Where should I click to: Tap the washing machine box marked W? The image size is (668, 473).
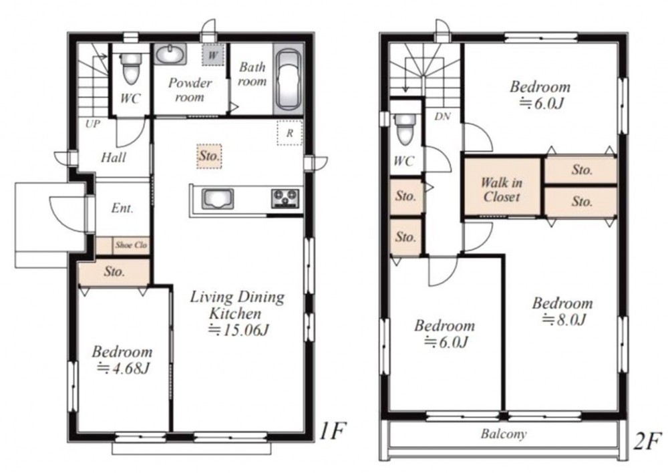(213, 55)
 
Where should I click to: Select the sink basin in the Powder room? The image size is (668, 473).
(170, 55)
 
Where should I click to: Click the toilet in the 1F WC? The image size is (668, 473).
(130, 69)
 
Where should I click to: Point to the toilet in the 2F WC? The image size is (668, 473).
(405, 130)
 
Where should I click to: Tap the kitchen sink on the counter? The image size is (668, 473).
(218, 199)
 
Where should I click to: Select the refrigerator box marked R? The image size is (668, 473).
(290, 133)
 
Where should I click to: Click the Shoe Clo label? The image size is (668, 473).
(131, 245)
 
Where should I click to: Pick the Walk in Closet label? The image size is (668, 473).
(502, 190)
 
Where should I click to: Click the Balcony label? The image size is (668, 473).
(504, 434)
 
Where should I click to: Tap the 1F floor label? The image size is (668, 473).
(332, 431)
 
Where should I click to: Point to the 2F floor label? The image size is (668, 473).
(647, 441)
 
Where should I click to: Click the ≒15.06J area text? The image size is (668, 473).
(238, 330)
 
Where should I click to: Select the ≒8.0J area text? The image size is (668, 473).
(564, 319)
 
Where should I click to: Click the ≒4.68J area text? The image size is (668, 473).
(123, 367)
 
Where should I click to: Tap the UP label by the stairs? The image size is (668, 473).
(93, 124)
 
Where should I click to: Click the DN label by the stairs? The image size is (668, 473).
(443, 116)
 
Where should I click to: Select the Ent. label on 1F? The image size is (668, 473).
(122, 208)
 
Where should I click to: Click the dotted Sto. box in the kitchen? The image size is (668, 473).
(209, 156)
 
